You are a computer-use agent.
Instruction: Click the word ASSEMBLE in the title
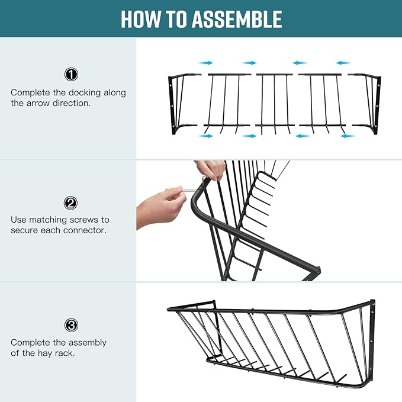pyautogui.click(x=237, y=19)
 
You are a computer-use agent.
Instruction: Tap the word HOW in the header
pyautogui.click(x=140, y=19)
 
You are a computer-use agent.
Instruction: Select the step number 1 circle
pyautogui.click(x=71, y=75)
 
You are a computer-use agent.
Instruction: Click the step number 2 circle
pyautogui.click(x=70, y=203)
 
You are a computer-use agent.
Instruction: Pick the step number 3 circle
pyautogui.click(x=71, y=325)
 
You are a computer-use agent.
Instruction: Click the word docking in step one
pyautogui.click(x=84, y=93)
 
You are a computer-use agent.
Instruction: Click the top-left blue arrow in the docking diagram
pyautogui.click(x=206, y=63)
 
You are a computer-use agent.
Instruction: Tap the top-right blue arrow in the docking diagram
pyautogui.click(x=343, y=63)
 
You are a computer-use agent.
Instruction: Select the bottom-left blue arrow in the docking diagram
pyautogui.click(x=205, y=136)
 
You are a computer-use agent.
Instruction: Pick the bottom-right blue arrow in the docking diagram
pyautogui.click(x=348, y=136)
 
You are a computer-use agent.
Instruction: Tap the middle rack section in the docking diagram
pyautogui.click(x=275, y=104)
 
